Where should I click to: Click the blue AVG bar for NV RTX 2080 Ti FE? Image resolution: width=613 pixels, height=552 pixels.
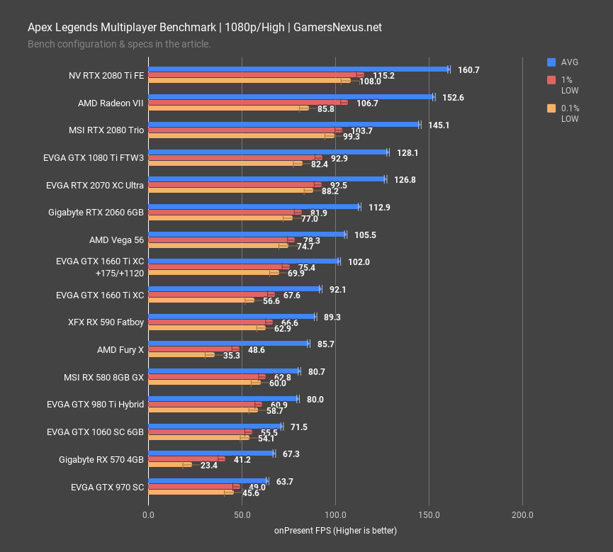pos(298,69)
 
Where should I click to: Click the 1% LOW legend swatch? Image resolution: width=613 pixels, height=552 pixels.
pos(551,80)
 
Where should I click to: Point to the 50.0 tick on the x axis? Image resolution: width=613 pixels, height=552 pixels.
pos(242,514)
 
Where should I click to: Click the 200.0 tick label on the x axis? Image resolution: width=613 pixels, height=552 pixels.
pos(522,514)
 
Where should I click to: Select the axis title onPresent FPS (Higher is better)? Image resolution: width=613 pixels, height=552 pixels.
pos(335,531)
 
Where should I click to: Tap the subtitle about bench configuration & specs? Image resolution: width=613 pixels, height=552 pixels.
pos(119,44)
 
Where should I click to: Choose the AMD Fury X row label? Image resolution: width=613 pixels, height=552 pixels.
pos(120,349)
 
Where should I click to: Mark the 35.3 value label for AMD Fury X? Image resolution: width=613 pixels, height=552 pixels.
pos(231,355)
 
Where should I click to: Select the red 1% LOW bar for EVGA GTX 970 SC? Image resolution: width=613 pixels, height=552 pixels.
pos(193,487)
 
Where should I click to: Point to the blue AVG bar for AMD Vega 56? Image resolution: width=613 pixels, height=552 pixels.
pos(247,234)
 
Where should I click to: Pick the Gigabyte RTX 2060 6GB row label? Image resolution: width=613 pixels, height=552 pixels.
pos(96,213)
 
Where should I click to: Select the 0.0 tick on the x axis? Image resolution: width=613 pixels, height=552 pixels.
pos(148,514)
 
